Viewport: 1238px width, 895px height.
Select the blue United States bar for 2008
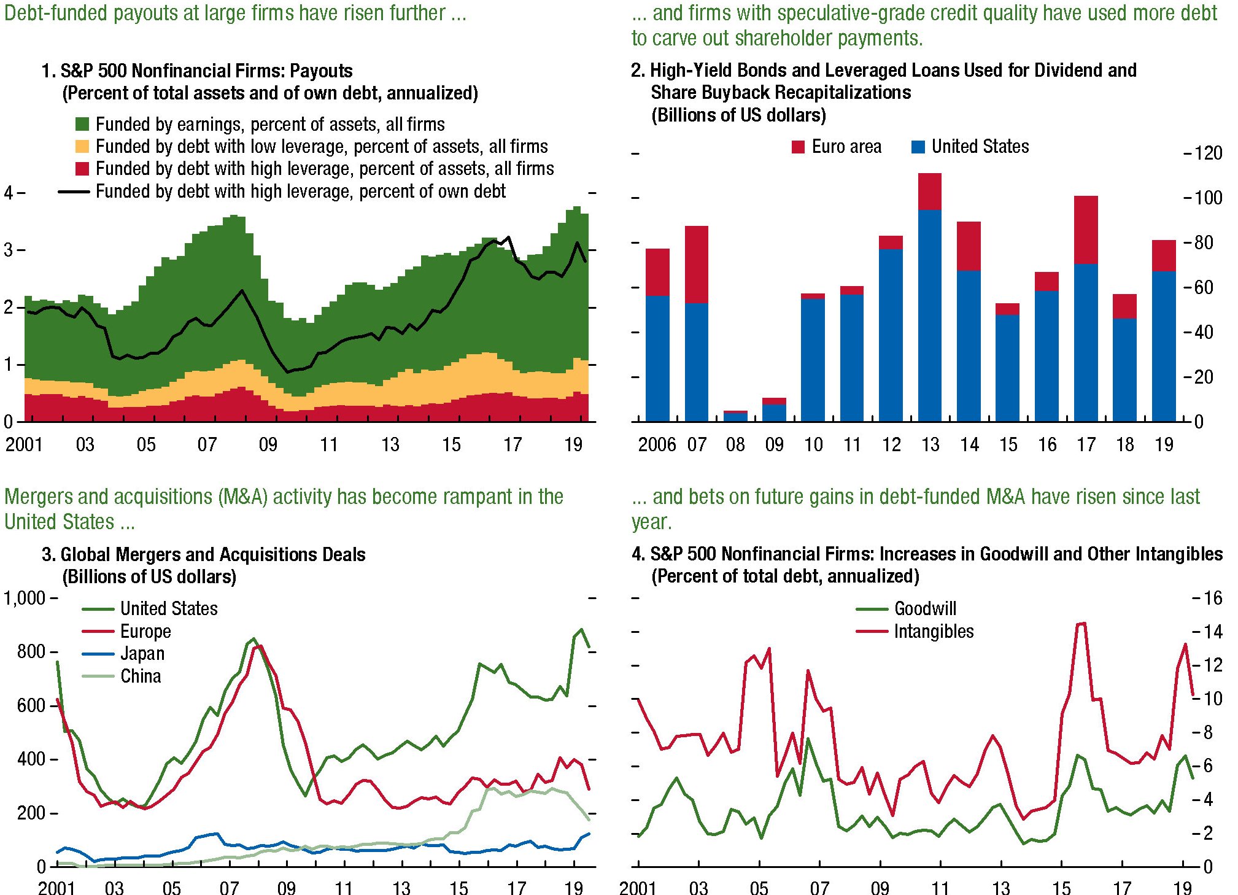click(x=735, y=417)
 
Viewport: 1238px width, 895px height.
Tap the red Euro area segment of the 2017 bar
click(x=1085, y=230)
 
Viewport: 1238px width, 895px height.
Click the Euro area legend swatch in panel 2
click(x=798, y=147)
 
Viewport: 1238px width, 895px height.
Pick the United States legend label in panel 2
click(x=980, y=147)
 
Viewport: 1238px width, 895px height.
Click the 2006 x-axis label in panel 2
click(x=657, y=444)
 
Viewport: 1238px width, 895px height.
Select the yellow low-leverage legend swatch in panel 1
click(x=82, y=147)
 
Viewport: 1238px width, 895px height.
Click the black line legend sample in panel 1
click(x=74, y=192)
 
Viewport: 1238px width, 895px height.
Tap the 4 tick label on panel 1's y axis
click(x=8, y=193)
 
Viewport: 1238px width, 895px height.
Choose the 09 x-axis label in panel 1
click(x=268, y=444)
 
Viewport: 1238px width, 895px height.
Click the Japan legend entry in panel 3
click(x=142, y=654)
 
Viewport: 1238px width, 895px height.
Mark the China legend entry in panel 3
click(x=141, y=676)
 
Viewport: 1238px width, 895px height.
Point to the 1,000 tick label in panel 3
click(x=25, y=598)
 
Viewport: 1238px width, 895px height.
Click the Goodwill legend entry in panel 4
click(x=925, y=609)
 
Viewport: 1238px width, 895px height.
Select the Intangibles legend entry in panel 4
click(x=934, y=632)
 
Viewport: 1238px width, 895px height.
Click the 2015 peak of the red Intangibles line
click(x=1081, y=624)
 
